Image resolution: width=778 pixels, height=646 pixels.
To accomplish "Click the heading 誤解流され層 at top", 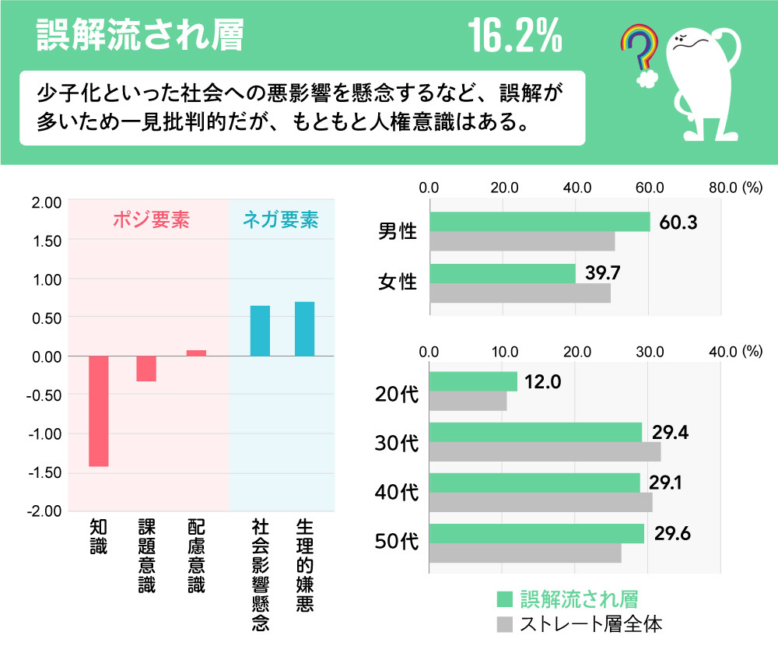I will coord(140,36).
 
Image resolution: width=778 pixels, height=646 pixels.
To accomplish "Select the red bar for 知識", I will coord(99,411).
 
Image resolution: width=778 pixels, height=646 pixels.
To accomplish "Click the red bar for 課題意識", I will coord(146,368).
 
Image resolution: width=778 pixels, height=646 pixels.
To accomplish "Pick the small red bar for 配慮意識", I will coord(196,353).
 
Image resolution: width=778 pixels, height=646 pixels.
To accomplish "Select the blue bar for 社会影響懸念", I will coord(260,331).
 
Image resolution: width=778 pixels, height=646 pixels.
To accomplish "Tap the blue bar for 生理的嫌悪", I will coord(304,328).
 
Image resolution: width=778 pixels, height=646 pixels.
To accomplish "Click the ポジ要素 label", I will coord(151,220).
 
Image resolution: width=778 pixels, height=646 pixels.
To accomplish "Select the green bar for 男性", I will coord(539,222).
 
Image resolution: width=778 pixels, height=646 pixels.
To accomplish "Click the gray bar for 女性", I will coord(520,293).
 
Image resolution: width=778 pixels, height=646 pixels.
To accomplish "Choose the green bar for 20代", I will coord(473,381).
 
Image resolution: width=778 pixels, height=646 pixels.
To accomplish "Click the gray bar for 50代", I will coord(525,553).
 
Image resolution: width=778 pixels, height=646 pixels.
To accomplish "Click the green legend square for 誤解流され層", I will coord(505,599).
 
